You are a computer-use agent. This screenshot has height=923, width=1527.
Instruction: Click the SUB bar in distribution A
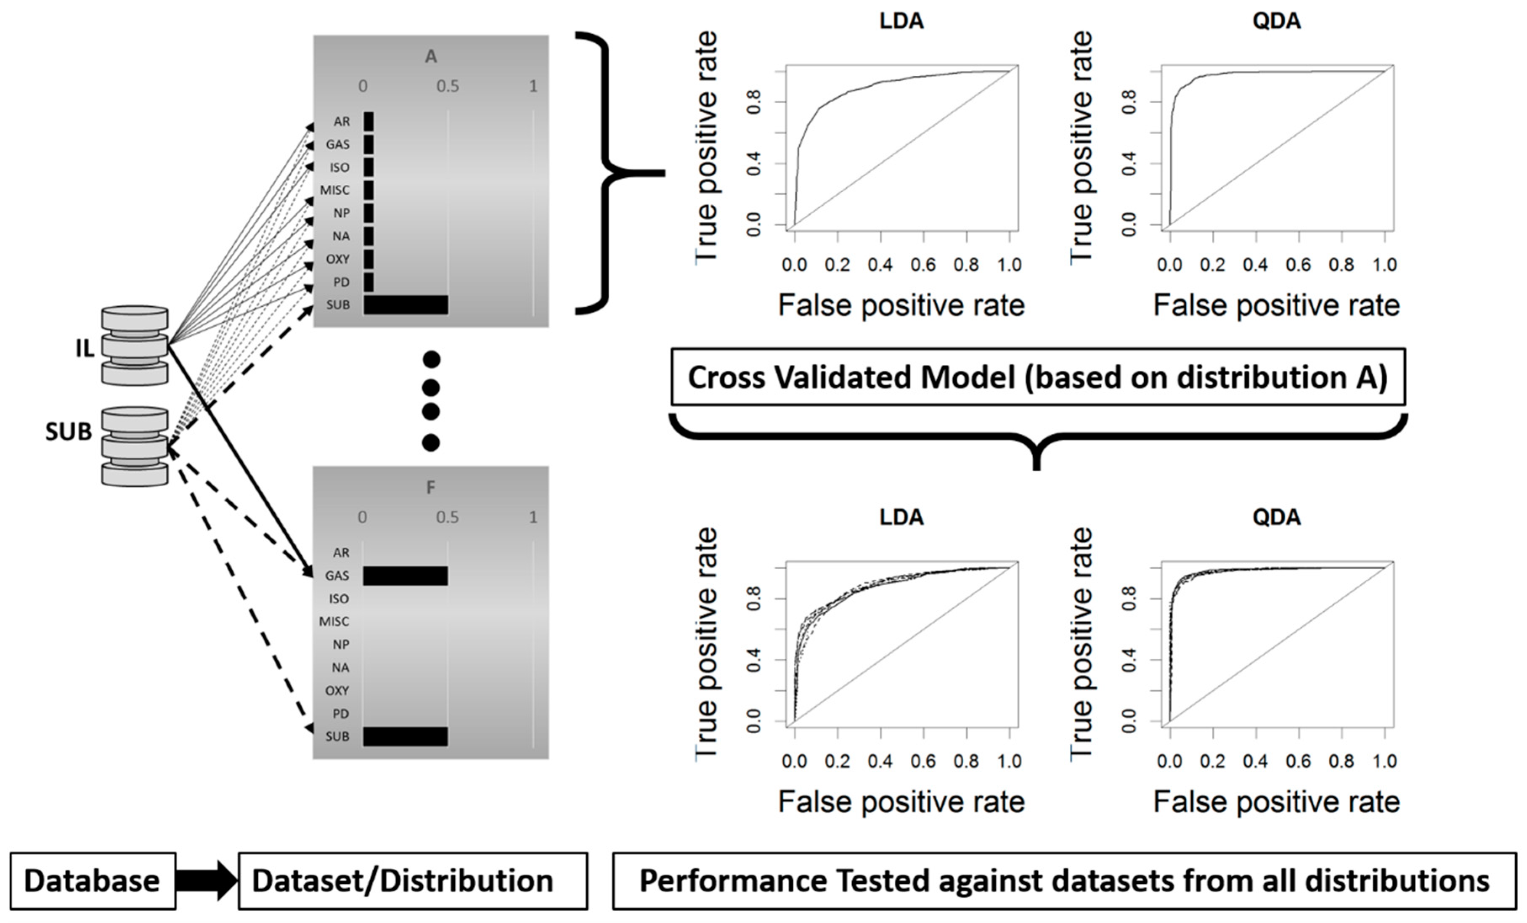pos(405,305)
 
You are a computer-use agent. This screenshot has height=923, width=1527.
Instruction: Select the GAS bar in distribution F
pos(405,576)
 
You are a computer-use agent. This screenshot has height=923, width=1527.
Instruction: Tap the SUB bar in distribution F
pos(405,736)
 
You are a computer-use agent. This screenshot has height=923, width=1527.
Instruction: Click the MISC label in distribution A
pos(335,190)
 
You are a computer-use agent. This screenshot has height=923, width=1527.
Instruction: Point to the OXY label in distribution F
pos(337,690)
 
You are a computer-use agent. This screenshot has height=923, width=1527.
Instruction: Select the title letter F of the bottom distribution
pos(431,488)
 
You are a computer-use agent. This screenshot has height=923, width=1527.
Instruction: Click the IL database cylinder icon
pos(135,345)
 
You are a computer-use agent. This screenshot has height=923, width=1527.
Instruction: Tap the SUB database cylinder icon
pos(135,446)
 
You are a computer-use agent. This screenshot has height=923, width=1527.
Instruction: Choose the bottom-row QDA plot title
pos(1277,517)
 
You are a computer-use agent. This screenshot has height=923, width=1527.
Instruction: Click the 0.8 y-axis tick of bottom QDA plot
pos(1129,599)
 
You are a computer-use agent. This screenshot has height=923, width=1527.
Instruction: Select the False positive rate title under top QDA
pos(1277,305)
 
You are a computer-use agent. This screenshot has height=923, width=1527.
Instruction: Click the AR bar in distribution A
pos(369,122)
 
